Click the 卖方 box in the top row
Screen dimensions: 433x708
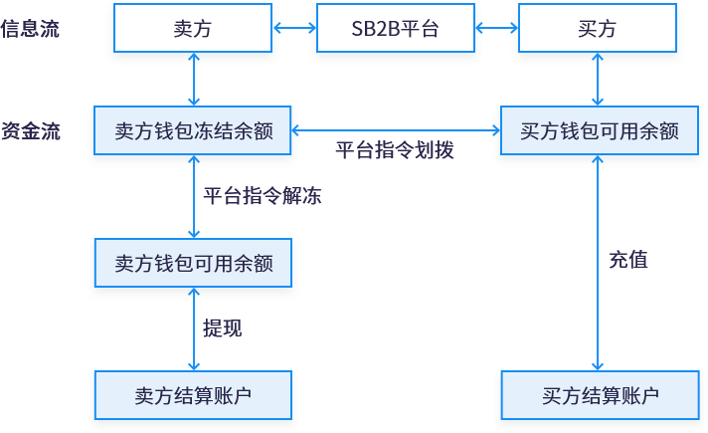pos(193,29)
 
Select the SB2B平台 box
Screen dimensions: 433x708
pos(395,29)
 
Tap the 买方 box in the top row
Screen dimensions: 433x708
pos(597,29)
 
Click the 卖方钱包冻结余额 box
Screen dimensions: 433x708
pos(193,130)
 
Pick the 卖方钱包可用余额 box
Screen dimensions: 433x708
pos(193,264)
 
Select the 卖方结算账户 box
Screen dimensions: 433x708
pos(193,395)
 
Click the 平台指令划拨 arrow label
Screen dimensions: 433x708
pos(394,151)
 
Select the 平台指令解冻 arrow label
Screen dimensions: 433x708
pos(262,196)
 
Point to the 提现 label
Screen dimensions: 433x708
pos(222,328)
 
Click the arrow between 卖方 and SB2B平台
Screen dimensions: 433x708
pos(294,29)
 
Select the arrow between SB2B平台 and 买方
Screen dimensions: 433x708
pos(495,29)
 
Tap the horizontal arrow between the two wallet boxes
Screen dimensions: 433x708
pos(396,130)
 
